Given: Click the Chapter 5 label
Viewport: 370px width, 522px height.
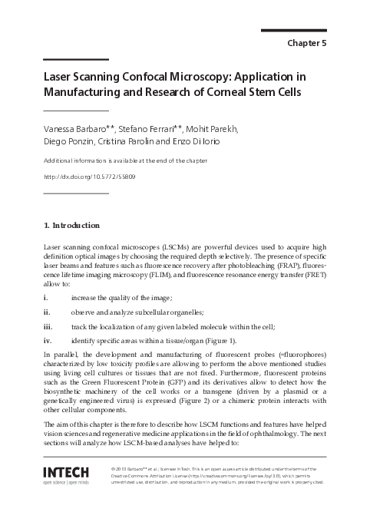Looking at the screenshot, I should [307, 44].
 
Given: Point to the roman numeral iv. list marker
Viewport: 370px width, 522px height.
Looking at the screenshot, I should [48, 341].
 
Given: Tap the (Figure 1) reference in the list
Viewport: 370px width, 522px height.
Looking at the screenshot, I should [217, 341].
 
